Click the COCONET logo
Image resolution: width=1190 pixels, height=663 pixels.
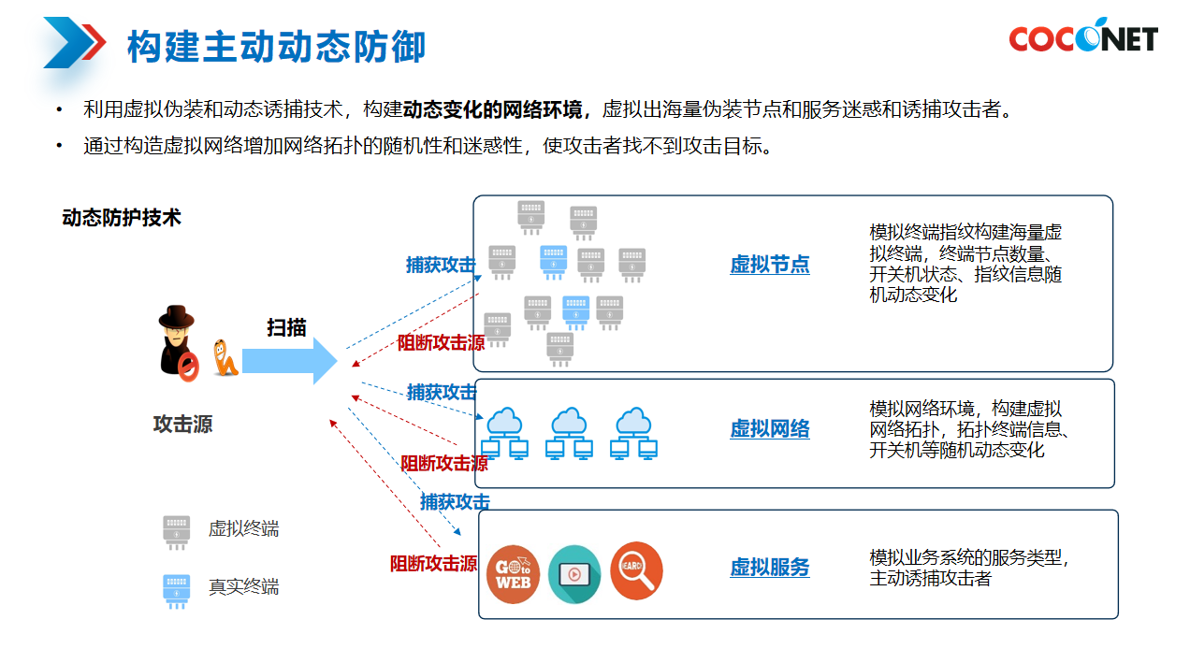click(1082, 36)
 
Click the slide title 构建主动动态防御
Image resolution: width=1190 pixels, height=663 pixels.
click(276, 46)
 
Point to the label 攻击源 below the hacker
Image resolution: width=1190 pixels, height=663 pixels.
click(183, 425)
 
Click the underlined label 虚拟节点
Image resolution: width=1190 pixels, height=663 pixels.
click(769, 265)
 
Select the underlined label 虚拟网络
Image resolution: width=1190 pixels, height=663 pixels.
click(769, 429)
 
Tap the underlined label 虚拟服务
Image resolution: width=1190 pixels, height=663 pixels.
click(769, 568)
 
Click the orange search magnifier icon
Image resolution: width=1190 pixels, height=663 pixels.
click(636, 571)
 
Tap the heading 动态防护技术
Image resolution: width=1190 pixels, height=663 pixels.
click(122, 218)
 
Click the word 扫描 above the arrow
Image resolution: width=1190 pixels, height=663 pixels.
click(286, 327)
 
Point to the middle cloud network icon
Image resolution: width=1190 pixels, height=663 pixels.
click(569, 433)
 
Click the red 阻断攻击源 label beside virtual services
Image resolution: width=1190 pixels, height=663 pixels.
click(433, 564)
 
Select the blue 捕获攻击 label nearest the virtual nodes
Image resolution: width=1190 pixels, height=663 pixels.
click(440, 265)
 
